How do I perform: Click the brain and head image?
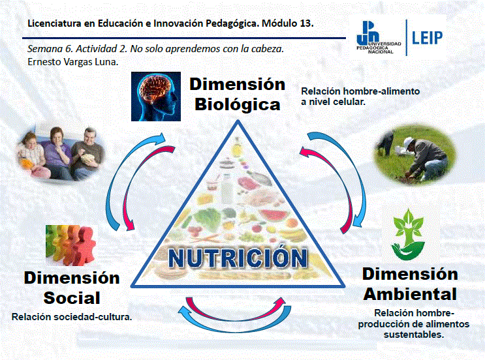[x=156, y=97]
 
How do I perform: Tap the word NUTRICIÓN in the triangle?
[x=238, y=258]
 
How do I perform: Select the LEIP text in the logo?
[x=427, y=38]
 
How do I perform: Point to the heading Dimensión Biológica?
[x=237, y=95]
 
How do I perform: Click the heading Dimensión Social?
[x=72, y=288]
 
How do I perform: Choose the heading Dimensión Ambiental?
[x=410, y=284]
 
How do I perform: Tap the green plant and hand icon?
[x=408, y=235]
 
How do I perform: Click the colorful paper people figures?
[x=71, y=245]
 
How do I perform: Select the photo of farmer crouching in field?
[x=415, y=155]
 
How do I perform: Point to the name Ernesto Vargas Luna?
[x=73, y=62]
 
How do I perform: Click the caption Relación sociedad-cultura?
[x=72, y=317]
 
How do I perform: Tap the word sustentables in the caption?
[x=414, y=335]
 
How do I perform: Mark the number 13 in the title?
[x=306, y=23]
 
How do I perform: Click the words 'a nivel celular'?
[x=333, y=102]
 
